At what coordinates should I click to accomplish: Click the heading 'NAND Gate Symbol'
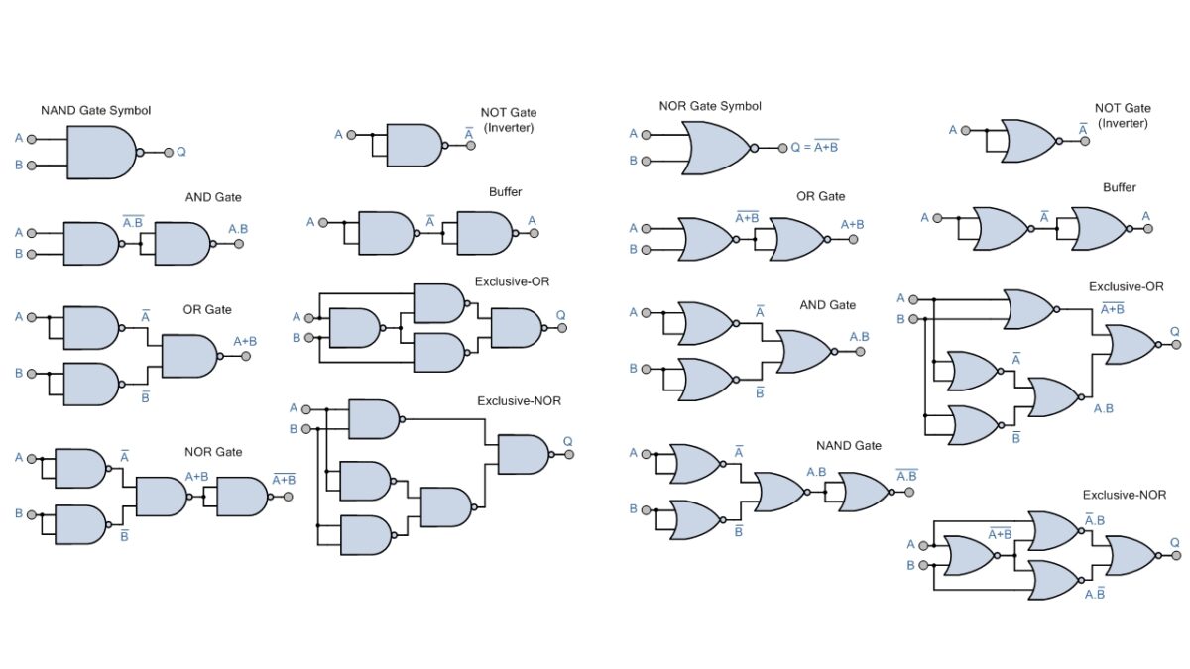[x=95, y=110]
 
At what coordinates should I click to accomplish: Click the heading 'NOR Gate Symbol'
[x=709, y=106]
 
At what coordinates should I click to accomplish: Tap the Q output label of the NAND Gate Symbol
[x=181, y=153]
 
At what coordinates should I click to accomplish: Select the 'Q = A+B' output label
[x=814, y=147]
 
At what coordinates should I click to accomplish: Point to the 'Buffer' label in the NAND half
[x=505, y=192]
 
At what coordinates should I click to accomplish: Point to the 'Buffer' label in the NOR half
[x=1120, y=187]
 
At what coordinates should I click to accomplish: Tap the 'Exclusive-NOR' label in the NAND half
[x=519, y=401]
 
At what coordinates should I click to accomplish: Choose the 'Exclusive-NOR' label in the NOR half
[x=1124, y=495]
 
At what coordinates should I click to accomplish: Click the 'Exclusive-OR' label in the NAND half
[x=512, y=281]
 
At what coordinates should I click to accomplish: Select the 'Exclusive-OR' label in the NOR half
[x=1126, y=287]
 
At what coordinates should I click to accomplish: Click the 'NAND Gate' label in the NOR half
[x=848, y=446]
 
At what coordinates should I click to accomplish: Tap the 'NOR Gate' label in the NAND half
[x=213, y=452]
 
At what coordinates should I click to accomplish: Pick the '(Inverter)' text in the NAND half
[x=508, y=128]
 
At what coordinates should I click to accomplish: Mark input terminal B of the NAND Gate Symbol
[x=32, y=166]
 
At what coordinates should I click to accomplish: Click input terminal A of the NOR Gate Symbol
[x=647, y=134]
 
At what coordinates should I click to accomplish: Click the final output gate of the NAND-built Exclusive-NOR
[x=523, y=454]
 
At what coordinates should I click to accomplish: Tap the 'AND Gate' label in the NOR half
[x=827, y=305]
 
